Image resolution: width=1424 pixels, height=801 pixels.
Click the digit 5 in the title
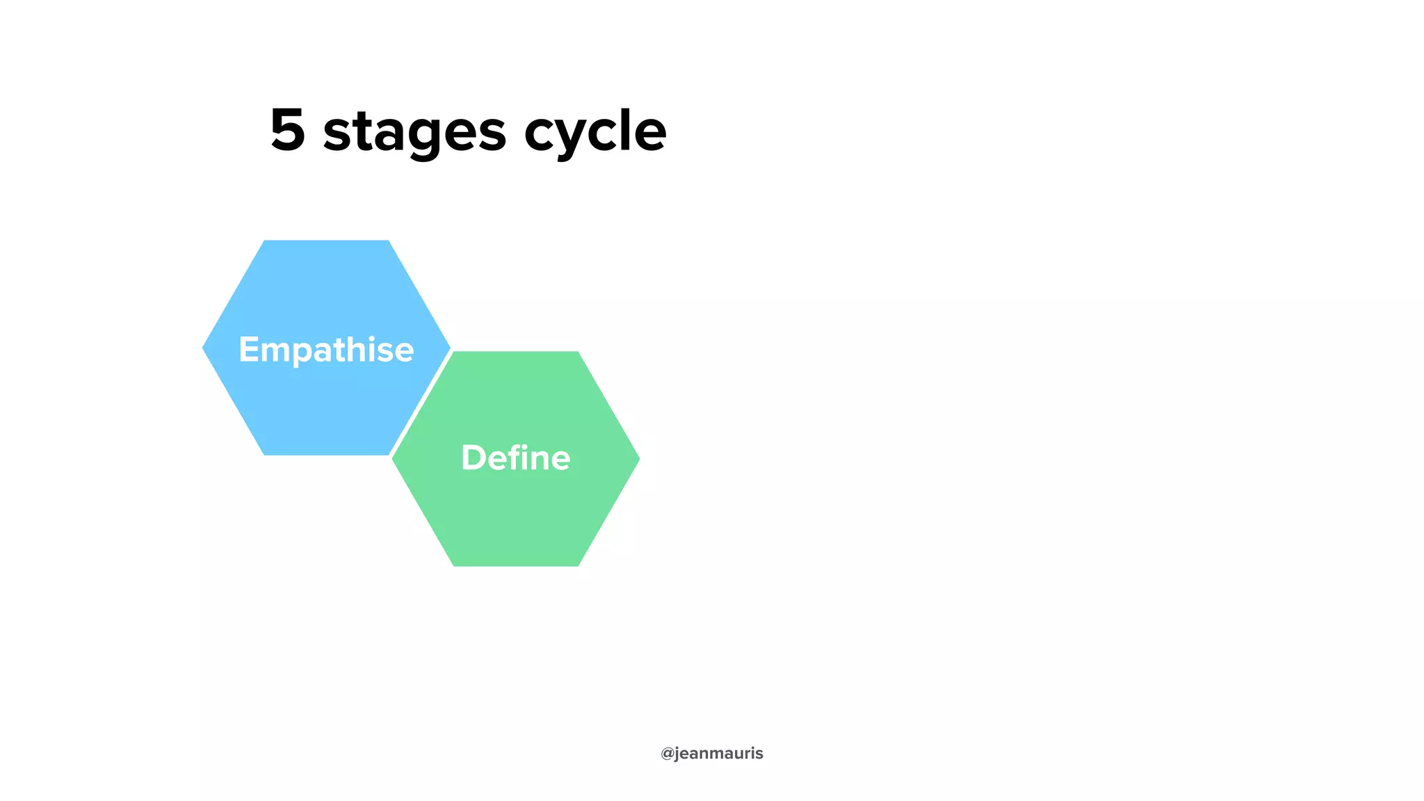288,130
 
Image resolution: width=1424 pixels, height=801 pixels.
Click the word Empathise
326,349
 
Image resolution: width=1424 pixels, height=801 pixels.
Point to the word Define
515,458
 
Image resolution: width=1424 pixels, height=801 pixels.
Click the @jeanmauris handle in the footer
711,754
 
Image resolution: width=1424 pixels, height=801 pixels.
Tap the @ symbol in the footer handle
667,754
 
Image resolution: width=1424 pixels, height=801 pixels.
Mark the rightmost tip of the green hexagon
638,459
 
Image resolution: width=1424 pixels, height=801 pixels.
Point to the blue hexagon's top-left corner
265,241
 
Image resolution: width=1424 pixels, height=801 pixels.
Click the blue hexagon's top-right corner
387,241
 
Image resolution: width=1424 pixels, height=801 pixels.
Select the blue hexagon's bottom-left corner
265,455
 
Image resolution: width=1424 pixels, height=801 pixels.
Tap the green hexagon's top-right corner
577,353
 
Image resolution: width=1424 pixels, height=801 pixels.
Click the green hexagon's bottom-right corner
577,565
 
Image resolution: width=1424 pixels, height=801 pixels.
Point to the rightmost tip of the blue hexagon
449,348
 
